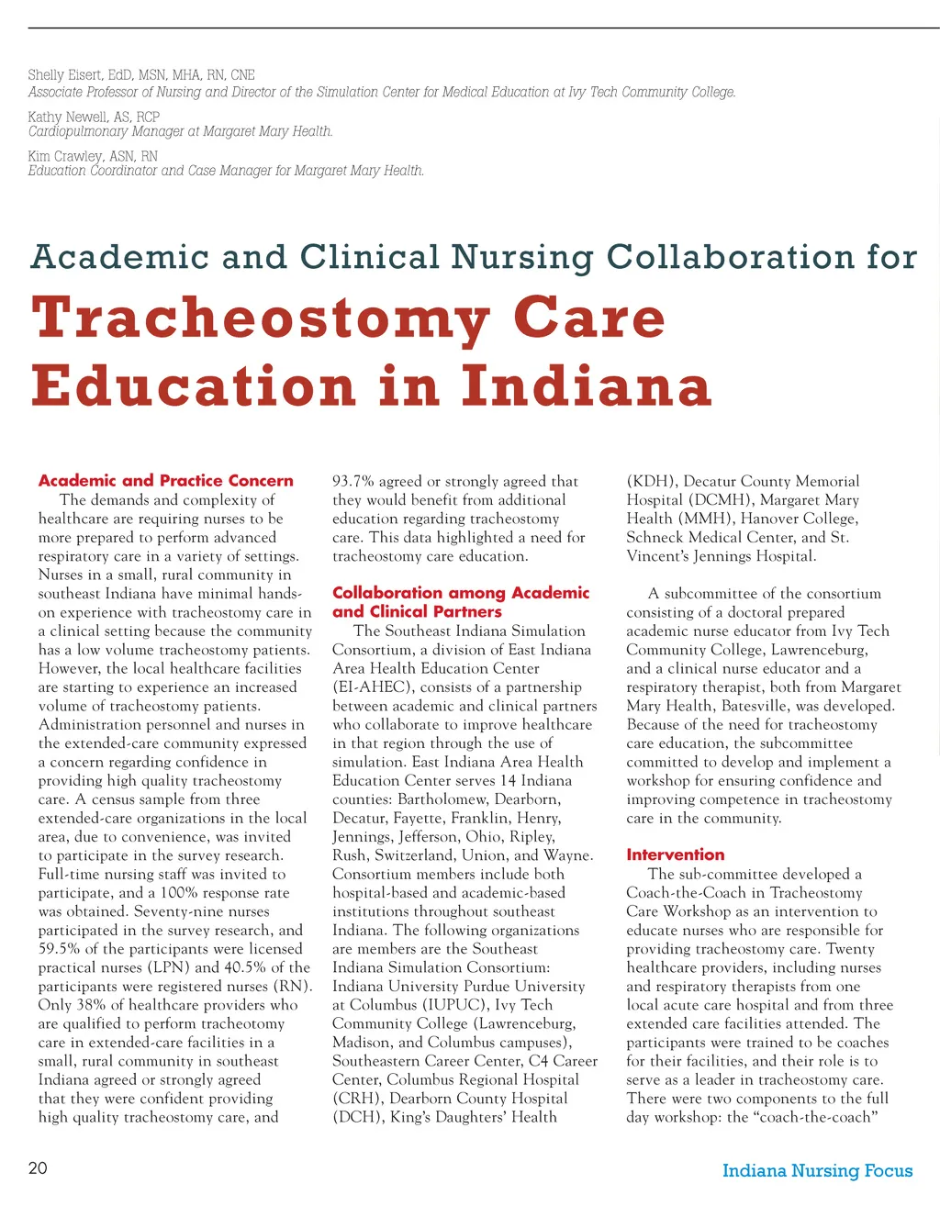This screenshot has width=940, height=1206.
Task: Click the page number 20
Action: click(x=38, y=1167)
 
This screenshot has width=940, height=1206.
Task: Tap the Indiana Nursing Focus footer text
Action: click(x=817, y=1170)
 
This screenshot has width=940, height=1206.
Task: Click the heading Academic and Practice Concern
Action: click(x=166, y=480)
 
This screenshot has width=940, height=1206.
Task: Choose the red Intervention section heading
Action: click(x=676, y=854)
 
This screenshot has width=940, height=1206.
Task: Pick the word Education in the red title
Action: click(x=194, y=385)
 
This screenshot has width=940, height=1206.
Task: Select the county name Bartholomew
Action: click(x=442, y=799)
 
